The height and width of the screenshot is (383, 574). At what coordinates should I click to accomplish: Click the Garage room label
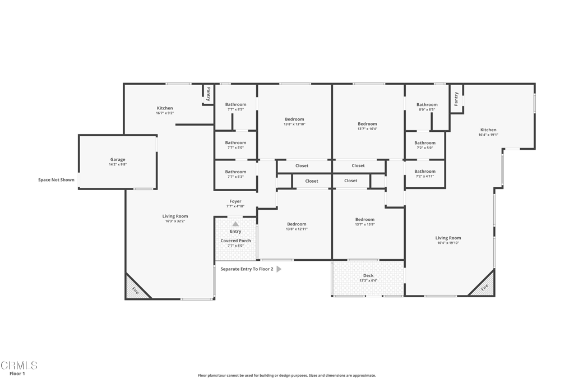pyautogui.click(x=118, y=160)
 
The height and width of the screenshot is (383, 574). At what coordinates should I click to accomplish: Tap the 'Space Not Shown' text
pyautogui.click(x=56, y=180)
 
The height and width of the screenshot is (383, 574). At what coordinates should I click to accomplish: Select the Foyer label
pyautogui.click(x=235, y=201)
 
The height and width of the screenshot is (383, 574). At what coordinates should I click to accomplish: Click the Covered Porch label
pyautogui.click(x=235, y=241)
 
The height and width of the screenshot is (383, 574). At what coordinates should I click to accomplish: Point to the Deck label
pyautogui.click(x=368, y=275)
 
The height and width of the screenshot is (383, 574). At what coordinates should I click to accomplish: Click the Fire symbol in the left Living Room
pyautogui.click(x=135, y=290)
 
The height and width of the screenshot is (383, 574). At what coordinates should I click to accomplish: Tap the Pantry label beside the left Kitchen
pyautogui.click(x=208, y=93)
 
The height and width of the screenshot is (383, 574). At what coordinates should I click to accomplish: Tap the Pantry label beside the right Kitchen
pyautogui.click(x=456, y=99)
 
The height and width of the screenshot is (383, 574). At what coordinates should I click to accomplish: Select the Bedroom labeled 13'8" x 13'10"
pyautogui.click(x=294, y=119)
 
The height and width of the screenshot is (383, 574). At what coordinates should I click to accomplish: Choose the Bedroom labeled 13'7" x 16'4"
pyautogui.click(x=367, y=124)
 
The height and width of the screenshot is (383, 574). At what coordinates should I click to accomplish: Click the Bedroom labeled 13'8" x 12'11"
pyautogui.click(x=297, y=224)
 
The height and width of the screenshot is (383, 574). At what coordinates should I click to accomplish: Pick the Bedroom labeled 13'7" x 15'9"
pyautogui.click(x=364, y=220)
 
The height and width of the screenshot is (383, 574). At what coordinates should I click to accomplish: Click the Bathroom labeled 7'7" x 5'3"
pyautogui.click(x=235, y=172)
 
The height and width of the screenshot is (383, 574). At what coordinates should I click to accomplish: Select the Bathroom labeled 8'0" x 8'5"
pyautogui.click(x=427, y=105)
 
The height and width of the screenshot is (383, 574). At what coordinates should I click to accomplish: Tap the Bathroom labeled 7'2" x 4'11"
pyautogui.click(x=424, y=172)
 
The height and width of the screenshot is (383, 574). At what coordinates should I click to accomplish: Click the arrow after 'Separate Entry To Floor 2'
pyautogui.click(x=279, y=269)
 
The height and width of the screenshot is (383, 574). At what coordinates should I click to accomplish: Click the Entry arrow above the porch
pyautogui.click(x=235, y=224)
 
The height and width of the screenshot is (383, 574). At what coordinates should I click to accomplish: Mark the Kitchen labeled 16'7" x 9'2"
pyautogui.click(x=165, y=108)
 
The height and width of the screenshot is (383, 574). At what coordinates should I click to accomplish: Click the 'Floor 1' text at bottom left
pyautogui.click(x=17, y=373)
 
